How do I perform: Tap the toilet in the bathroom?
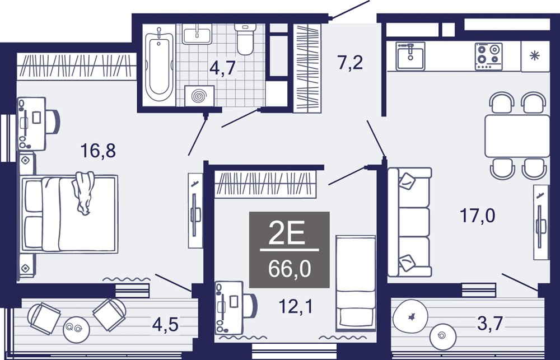click(245, 39)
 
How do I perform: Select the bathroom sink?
click(197, 34)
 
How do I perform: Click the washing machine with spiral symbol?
click(199, 96)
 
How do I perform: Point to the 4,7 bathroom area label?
click(223, 68)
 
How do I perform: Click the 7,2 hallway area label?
click(350, 63)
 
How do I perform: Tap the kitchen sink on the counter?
click(410, 56)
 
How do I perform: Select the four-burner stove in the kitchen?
click(488, 57)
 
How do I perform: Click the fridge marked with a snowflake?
click(535, 56)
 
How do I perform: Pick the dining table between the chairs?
click(517, 135)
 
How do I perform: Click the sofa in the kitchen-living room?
click(410, 222)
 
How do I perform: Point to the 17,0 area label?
click(477, 216)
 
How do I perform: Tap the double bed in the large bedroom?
click(69, 213)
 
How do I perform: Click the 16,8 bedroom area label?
click(98, 151)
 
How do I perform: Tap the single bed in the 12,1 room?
click(356, 283)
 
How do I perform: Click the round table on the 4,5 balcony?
click(76, 330)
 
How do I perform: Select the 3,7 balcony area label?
click(490, 323)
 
